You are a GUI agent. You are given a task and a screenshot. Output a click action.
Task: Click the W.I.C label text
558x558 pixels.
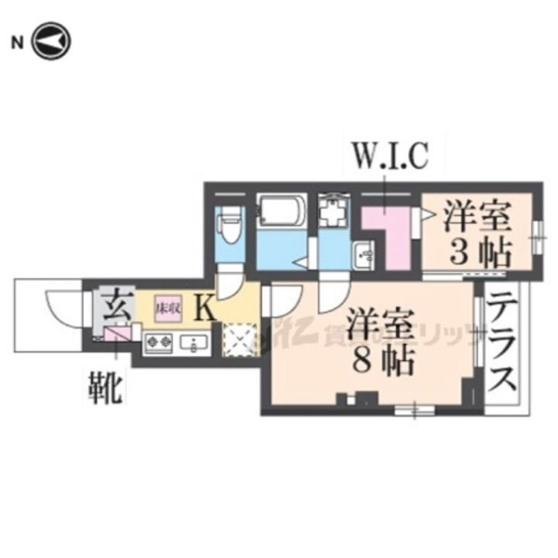(391, 157)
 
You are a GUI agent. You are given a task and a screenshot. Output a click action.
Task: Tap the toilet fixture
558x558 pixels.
(229, 226)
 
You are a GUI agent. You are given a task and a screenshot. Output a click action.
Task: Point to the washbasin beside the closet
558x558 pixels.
(363, 253)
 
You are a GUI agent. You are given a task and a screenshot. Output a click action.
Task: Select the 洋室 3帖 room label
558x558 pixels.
(476, 232)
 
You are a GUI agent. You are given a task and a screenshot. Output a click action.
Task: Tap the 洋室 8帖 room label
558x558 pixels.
(379, 342)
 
